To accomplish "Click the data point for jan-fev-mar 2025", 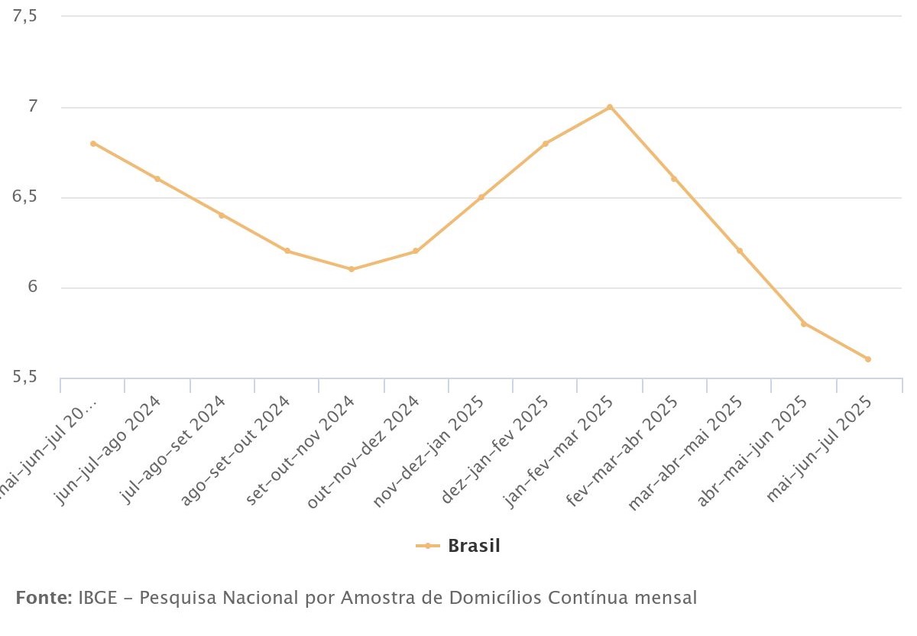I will (610, 107).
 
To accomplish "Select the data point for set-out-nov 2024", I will (351, 269).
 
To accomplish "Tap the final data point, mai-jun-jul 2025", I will (868, 359).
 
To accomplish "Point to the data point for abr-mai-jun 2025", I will (804, 323).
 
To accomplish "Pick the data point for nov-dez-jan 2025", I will (481, 197).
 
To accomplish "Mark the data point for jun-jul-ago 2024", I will (157, 179).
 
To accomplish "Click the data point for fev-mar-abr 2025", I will (674, 179).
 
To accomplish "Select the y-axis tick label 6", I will (32, 287).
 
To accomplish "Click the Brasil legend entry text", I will (474, 546).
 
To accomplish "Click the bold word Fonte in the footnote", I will (43, 597).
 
